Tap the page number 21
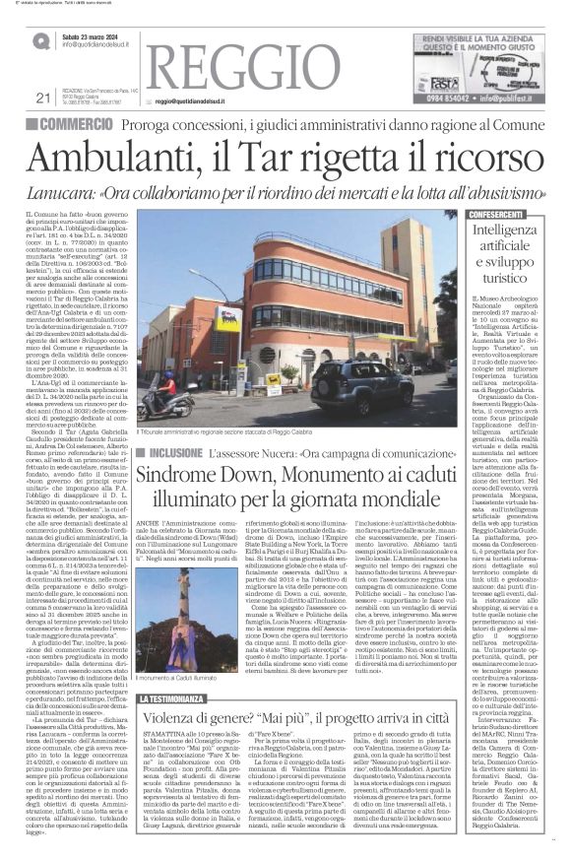coord(41,97)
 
